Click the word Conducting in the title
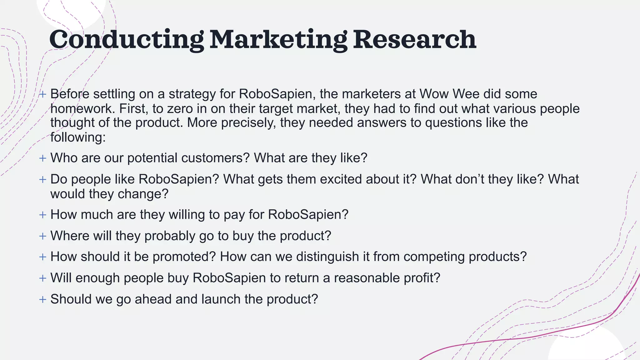click(x=127, y=40)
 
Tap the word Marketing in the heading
click(x=278, y=40)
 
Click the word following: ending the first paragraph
click(x=78, y=137)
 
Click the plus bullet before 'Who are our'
click(x=43, y=158)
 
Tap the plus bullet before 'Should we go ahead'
click(x=43, y=299)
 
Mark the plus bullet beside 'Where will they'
click(x=43, y=236)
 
